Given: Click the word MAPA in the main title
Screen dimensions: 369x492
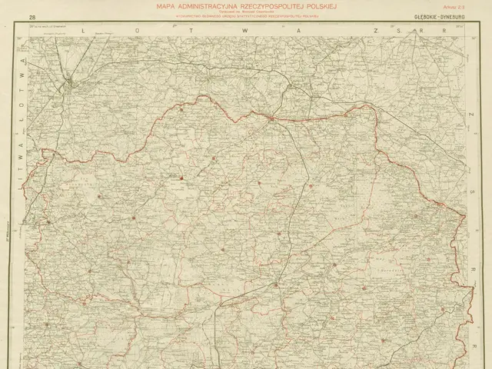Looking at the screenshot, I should point(167,6).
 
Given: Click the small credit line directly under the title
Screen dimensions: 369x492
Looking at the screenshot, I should point(246,11).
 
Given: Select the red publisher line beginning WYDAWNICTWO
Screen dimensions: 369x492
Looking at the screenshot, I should point(246,15).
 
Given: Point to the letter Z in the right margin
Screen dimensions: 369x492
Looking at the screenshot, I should point(473,113).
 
